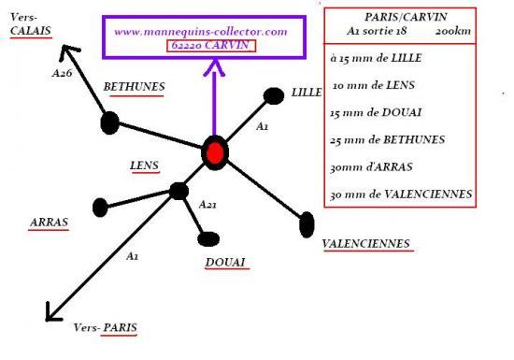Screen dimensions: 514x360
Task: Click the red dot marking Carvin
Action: coord(215,152)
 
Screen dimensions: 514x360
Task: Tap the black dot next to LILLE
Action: coord(274,96)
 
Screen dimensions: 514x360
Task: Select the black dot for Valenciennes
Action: coord(307,224)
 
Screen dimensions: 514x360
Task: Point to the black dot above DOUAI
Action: coord(208,238)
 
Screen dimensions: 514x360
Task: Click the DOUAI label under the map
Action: coord(225,263)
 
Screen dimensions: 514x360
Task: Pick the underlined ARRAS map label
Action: coord(49,223)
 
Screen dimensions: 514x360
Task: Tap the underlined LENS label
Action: coord(144,166)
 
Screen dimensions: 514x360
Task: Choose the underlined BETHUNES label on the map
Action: coord(134,87)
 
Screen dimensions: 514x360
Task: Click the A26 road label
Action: coord(62,73)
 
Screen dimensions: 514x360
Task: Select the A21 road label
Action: coord(207,205)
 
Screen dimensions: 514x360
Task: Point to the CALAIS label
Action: coord(31,31)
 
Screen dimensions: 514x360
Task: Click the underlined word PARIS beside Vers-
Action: coord(121,327)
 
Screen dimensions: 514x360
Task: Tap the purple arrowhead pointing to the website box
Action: coord(215,67)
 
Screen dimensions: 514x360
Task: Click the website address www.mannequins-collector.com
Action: coord(201,32)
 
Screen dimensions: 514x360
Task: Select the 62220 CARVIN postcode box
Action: coord(211,46)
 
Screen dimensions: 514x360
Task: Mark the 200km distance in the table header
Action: coord(453,31)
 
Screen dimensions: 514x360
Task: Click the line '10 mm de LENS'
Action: coord(374,86)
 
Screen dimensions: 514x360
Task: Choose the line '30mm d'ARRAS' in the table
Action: coord(371,167)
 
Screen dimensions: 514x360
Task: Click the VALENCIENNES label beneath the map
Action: coord(366,244)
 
